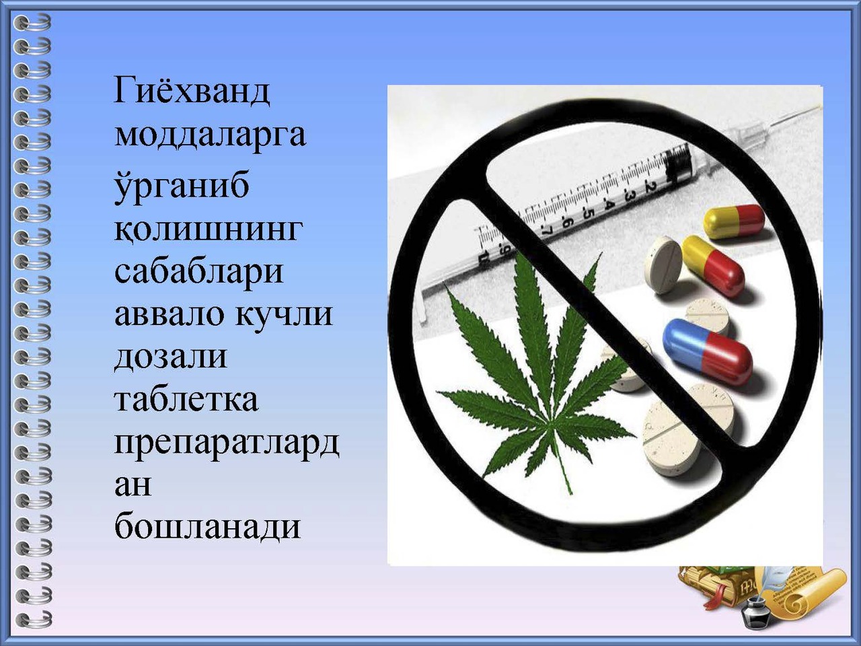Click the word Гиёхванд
point(192,91)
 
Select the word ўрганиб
point(182,185)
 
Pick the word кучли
point(284,314)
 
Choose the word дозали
point(171,358)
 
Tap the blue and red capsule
point(707,351)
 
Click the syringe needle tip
point(819,107)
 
